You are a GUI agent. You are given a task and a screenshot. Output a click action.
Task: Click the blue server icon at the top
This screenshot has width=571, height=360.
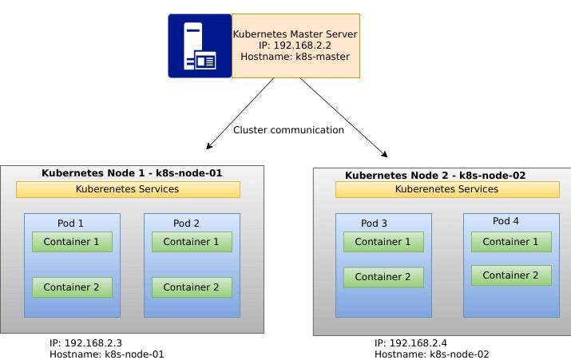[199, 45]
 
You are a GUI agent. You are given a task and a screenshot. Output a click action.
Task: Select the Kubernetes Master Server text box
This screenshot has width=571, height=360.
[295, 45]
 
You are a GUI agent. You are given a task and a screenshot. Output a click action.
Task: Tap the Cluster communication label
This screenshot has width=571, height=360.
[288, 130]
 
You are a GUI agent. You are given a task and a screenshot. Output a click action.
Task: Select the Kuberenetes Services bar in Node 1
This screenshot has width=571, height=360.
[128, 189]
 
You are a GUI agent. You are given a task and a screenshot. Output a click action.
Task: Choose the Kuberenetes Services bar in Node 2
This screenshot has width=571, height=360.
[446, 189]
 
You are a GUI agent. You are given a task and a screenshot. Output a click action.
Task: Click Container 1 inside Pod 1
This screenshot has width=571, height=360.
[72, 242]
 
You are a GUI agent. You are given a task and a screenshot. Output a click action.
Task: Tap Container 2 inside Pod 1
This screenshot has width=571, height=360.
[72, 287]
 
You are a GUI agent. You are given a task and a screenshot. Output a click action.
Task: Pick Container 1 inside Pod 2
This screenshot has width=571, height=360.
[192, 242]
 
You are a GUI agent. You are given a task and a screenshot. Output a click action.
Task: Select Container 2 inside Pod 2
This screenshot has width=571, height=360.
[192, 287]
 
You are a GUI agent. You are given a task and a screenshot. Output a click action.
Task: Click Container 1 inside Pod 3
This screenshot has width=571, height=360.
[383, 242]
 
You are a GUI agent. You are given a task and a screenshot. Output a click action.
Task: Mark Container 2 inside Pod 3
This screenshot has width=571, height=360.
[383, 277]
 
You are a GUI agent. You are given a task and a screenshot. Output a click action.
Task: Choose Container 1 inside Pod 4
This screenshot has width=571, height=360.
[511, 242]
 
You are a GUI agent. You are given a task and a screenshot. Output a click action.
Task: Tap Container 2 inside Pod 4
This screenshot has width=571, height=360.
[511, 275]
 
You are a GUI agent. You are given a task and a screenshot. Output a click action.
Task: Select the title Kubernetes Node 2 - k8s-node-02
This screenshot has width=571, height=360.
[435, 175]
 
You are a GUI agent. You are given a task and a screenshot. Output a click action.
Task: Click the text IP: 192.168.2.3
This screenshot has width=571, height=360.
[85, 343]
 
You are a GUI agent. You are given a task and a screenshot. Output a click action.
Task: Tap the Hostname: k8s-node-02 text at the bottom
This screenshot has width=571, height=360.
[431, 354]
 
